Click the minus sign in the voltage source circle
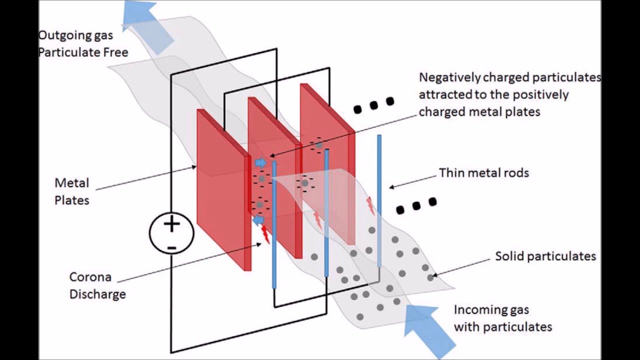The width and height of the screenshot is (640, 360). pos(171,247)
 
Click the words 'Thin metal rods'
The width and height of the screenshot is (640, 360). pos(483,173)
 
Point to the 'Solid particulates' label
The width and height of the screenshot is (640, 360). pos(545,256)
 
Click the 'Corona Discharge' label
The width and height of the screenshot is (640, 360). pos(97,285)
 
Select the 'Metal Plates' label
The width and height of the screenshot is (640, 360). pos(72,191)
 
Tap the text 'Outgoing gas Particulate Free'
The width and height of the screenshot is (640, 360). pos(82,44)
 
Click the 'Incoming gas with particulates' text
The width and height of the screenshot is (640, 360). pos(502,318)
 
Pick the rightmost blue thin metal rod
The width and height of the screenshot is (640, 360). pos(379,200)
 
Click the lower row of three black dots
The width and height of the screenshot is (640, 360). pos(416,205)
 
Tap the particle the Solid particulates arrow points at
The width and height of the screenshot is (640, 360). pos(430,277)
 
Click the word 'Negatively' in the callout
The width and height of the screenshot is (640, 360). pos(449,77)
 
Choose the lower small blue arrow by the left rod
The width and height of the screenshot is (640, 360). pos(258,220)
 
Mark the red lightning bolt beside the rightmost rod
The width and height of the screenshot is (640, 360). pos(370,205)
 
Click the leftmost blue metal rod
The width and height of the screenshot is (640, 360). pos(274,225)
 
